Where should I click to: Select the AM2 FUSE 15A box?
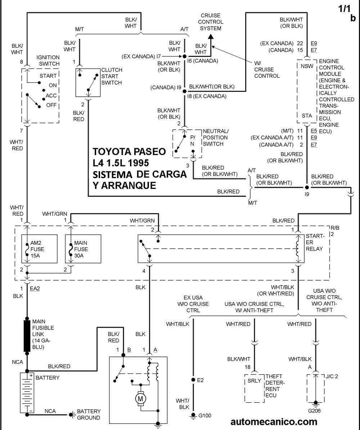tap(40, 249)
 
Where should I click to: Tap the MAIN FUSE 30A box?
tap(78, 249)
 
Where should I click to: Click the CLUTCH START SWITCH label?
tap(112, 76)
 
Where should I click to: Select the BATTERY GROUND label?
tap(89, 414)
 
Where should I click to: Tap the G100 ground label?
tap(205, 416)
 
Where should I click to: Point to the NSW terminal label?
tap(307, 66)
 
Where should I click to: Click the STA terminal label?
tap(307, 116)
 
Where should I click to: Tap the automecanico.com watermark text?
tap(274, 421)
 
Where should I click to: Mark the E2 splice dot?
tap(193, 380)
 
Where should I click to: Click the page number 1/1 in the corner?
tap(345, 9)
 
